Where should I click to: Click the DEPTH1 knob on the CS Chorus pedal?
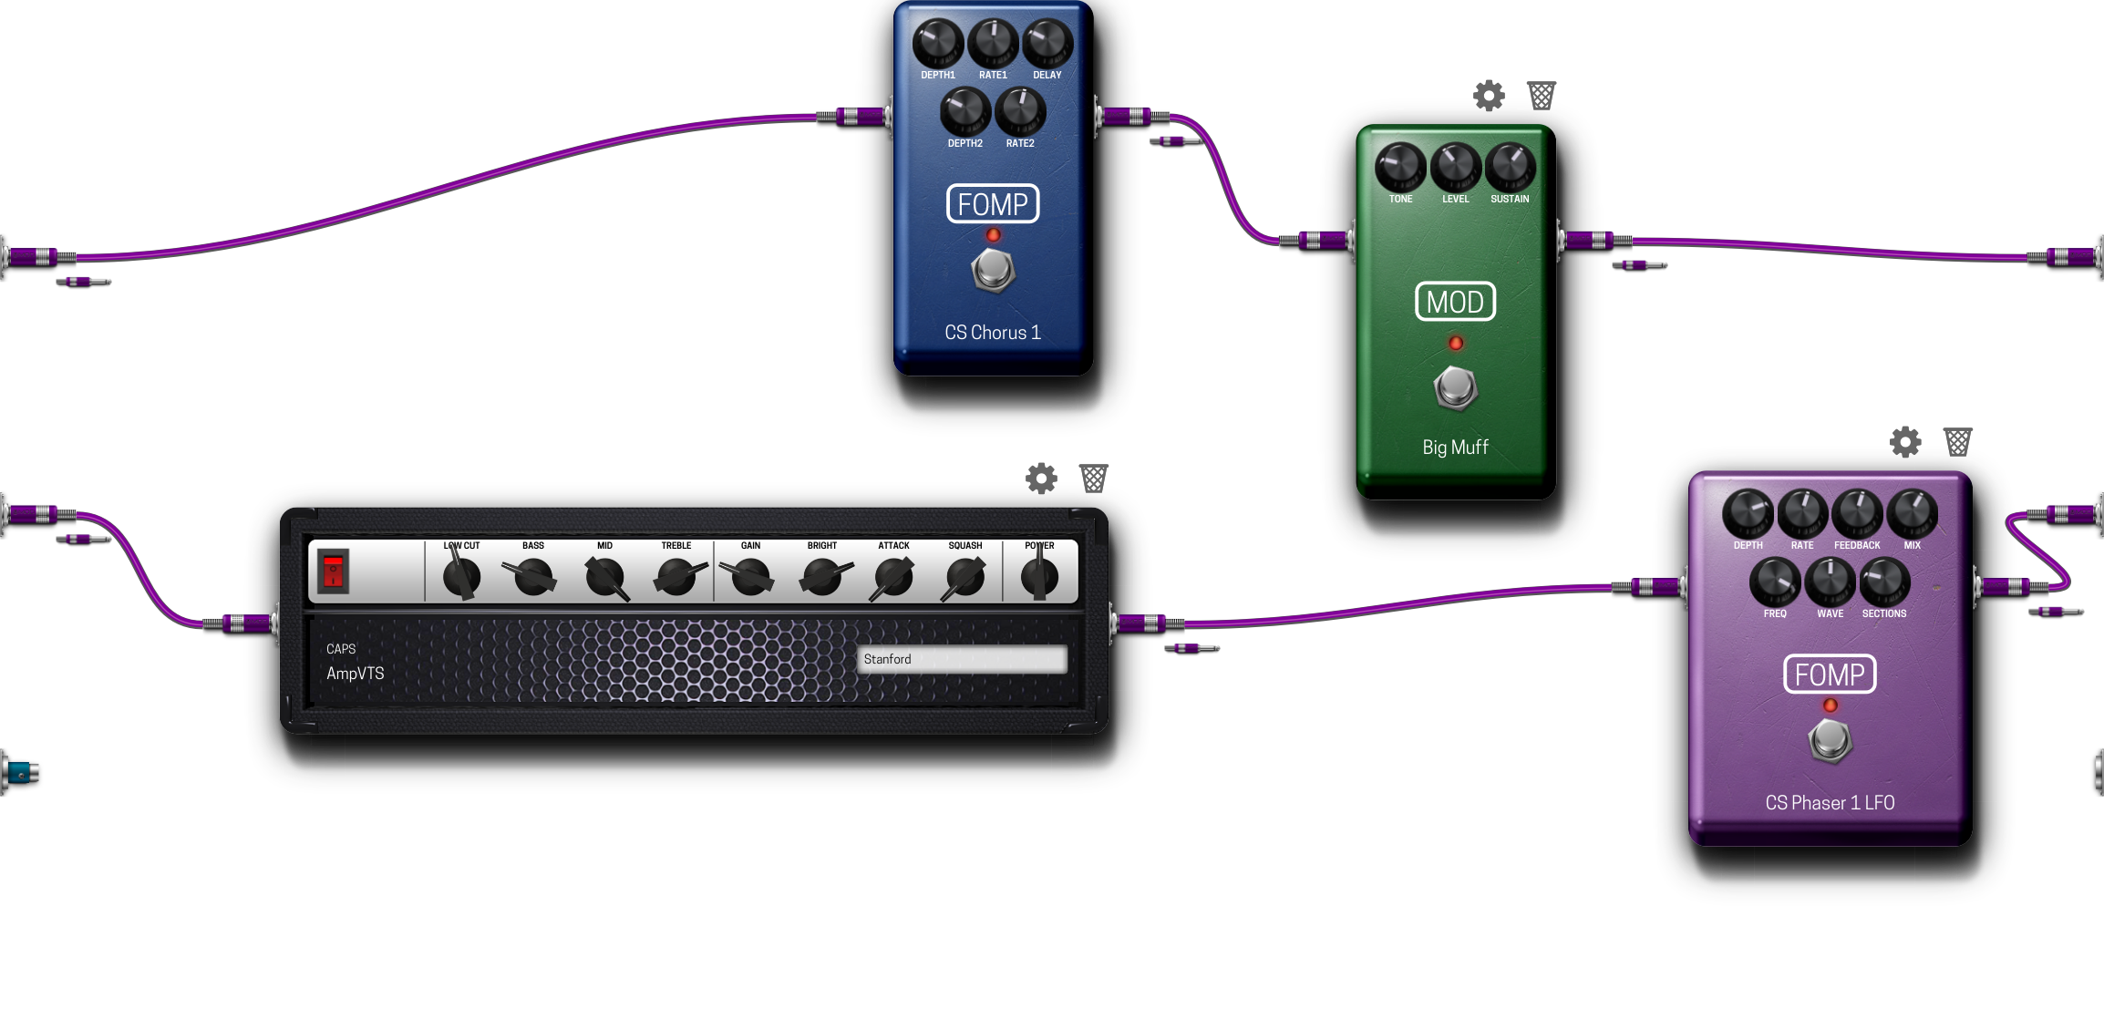(x=938, y=42)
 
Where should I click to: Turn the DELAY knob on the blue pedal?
(x=1047, y=42)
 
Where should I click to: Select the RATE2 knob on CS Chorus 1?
(x=1020, y=110)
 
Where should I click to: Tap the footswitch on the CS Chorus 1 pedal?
(x=993, y=270)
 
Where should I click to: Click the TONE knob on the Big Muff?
(x=1400, y=166)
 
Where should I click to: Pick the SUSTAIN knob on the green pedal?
(x=1511, y=166)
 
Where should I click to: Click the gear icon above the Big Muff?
(x=1489, y=95)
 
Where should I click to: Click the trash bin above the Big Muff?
(x=1542, y=95)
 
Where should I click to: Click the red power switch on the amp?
(x=334, y=572)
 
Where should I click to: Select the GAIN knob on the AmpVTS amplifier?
(x=751, y=576)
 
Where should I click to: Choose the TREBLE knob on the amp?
(x=677, y=576)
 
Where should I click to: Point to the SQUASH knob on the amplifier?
(x=964, y=576)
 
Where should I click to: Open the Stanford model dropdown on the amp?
(x=962, y=659)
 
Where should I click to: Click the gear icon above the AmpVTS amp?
(x=1041, y=478)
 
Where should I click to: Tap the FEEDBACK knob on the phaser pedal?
(x=1857, y=513)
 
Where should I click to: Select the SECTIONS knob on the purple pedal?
(x=1884, y=582)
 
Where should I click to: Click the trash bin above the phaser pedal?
(x=1957, y=442)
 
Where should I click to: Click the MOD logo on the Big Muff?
(x=1455, y=302)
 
